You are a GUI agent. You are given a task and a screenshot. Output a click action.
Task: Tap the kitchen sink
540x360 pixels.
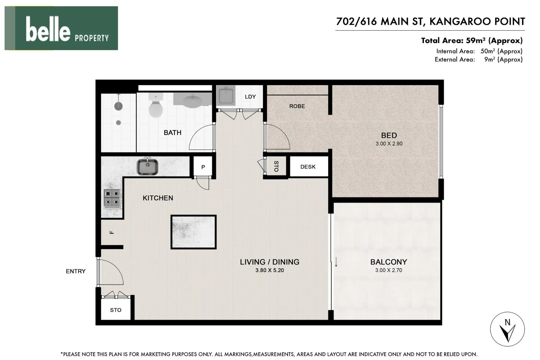[x=147, y=167]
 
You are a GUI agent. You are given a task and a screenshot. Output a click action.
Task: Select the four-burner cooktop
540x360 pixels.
[x=112, y=198]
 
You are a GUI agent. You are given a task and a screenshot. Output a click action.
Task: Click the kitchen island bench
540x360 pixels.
[x=193, y=232]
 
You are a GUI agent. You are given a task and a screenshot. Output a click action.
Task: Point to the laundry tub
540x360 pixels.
[x=227, y=96]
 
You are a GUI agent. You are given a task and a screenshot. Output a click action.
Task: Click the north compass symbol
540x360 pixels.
[x=507, y=329]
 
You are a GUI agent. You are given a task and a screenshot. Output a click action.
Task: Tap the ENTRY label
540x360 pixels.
[x=76, y=271]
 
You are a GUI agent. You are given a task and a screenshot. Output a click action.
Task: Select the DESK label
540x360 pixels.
[x=308, y=167]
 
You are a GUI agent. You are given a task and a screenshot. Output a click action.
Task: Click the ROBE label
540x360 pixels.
[x=297, y=106]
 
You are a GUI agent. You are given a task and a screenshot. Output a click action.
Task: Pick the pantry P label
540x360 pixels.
[x=203, y=167]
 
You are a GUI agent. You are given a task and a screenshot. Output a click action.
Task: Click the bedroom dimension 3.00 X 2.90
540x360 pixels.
[x=389, y=143]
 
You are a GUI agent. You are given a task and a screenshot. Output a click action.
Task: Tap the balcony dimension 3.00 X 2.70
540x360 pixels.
[x=389, y=270]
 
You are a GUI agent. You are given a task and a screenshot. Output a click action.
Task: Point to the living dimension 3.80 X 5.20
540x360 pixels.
[x=270, y=270]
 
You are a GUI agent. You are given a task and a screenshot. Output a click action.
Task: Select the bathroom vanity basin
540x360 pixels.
[x=192, y=100]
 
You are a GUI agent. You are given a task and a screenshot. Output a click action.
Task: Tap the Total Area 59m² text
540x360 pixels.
[x=472, y=40]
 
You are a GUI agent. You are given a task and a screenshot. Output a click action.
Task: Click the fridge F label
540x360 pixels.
[x=112, y=232]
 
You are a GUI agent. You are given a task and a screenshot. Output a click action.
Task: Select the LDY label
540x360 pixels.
[x=250, y=97]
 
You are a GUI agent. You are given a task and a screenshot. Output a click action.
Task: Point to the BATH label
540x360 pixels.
[x=173, y=132]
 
